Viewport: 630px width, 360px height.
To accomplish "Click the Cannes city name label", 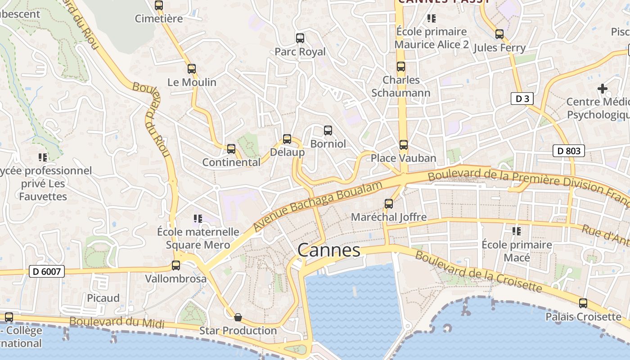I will click(x=329, y=250).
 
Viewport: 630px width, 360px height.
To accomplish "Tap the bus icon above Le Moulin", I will click(x=192, y=69).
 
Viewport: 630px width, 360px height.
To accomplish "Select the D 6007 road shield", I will click(x=47, y=271).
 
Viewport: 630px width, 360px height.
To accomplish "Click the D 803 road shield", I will click(x=569, y=151).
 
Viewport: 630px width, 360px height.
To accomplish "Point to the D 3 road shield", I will click(x=522, y=99).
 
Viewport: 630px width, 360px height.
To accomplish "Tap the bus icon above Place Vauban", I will click(x=404, y=145).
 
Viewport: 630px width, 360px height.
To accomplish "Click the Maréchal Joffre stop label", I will click(x=388, y=217).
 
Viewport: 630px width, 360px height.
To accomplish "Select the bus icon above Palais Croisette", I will click(x=583, y=303).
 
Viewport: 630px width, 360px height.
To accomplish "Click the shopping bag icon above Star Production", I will click(x=238, y=317).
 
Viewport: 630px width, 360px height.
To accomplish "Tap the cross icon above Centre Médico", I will click(x=603, y=89).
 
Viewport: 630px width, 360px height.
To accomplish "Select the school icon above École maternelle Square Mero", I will click(x=198, y=219).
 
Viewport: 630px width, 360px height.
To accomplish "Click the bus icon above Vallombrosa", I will click(x=176, y=265).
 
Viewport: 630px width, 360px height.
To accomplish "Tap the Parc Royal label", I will click(x=300, y=52).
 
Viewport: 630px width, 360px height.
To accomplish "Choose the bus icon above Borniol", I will click(x=328, y=130).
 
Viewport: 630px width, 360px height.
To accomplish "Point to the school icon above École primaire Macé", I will click(x=517, y=231).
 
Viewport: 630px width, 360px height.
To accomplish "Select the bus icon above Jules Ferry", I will click(x=499, y=34).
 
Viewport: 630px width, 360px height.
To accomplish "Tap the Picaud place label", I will click(x=103, y=298).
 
